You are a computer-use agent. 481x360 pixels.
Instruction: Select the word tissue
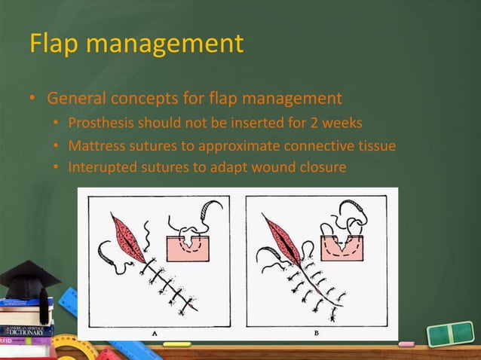375,145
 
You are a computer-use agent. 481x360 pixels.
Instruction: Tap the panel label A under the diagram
155,331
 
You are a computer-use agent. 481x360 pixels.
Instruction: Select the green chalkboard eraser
449,334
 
